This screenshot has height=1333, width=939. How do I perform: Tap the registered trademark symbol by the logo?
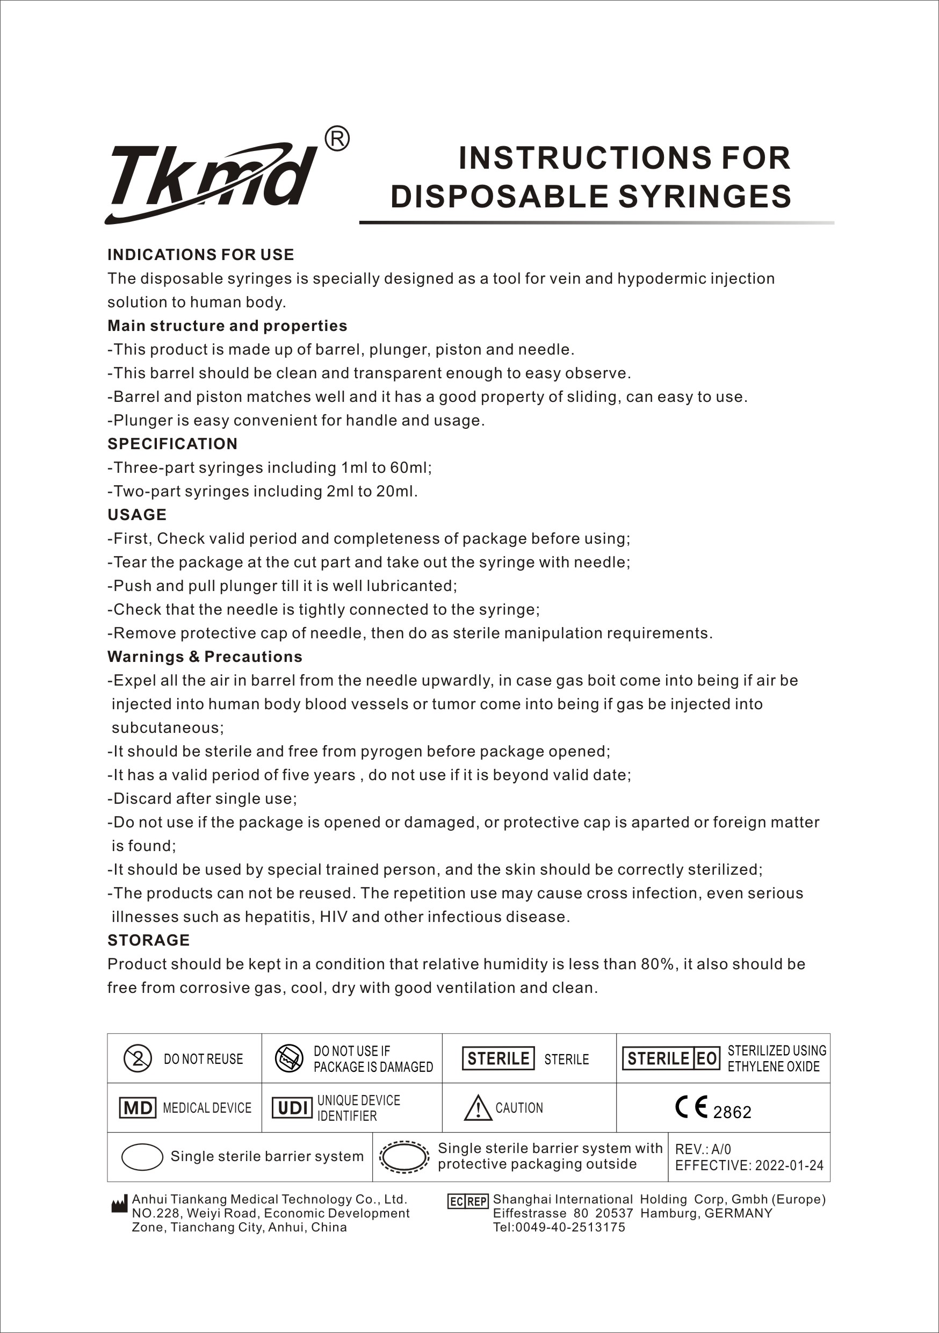click(337, 139)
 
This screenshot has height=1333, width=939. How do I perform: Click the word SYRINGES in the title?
click(705, 196)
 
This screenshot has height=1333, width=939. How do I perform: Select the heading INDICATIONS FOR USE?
click(201, 255)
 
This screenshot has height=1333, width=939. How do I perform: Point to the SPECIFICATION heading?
click(172, 444)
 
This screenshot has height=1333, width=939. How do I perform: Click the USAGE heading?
click(137, 515)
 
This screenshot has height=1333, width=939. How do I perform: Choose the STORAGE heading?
click(149, 941)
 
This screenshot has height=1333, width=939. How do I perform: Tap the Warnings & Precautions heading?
click(205, 657)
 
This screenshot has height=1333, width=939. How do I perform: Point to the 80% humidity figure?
click(658, 964)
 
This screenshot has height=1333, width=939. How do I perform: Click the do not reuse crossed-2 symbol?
click(138, 1058)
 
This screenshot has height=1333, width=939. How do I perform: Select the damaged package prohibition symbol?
click(289, 1058)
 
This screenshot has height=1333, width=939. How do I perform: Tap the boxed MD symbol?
click(138, 1108)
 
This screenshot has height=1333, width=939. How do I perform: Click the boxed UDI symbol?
click(292, 1108)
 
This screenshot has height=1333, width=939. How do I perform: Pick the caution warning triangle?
click(478, 1108)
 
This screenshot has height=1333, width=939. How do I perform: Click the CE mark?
click(691, 1107)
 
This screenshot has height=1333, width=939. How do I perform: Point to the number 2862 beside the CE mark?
click(732, 1112)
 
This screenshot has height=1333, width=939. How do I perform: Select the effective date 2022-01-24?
click(789, 1165)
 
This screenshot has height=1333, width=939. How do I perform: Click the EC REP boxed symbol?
click(468, 1201)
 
